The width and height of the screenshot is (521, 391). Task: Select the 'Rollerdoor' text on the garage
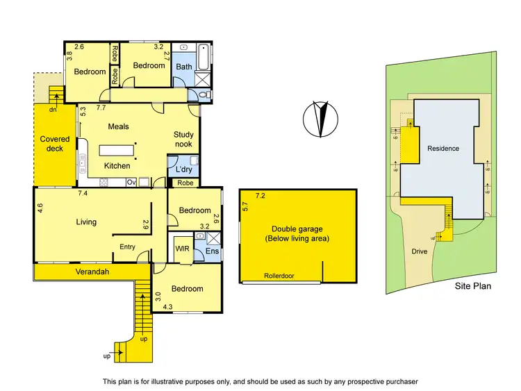[x=279, y=276]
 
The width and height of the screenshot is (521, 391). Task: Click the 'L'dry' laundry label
[x=183, y=170]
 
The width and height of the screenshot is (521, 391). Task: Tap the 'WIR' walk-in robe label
[x=181, y=247]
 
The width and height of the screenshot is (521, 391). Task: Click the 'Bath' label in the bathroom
[x=183, y=67]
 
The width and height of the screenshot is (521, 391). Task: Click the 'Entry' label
[x=127, y=247]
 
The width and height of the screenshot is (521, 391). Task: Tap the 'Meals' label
[x=119, y=126]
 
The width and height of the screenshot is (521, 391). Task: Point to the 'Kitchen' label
[x=117, y=166]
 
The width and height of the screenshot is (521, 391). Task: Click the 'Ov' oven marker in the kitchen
[x=131, y=183]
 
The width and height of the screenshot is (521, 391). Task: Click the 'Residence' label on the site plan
[x=443, y=149]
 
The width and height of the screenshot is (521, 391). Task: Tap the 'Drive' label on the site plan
[x=419, y=251]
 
